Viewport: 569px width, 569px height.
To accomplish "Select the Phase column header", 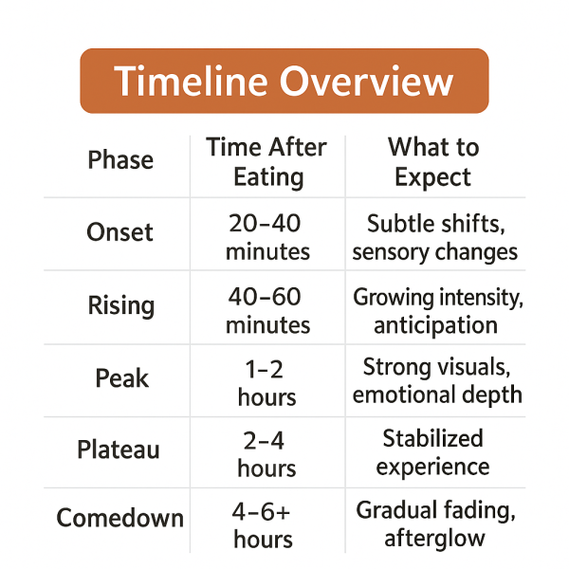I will (120, 160).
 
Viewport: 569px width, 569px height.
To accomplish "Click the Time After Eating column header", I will (266, 162).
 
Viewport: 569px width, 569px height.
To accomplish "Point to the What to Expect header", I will (433, 162).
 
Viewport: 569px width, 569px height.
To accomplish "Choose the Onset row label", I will (119, 232).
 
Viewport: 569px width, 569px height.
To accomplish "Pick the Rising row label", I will (120, 305).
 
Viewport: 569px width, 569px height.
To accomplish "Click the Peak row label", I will (121, 378).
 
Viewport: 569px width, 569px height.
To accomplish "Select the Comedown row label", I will (119, 519).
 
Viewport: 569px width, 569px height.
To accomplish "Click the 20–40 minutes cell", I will (268, 237).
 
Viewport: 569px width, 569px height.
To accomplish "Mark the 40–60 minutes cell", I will (268, 311).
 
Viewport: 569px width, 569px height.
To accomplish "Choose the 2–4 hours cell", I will (266, 453).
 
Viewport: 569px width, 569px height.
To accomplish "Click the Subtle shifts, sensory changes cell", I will (434, 237).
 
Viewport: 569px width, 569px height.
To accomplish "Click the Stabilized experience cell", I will (433, 452).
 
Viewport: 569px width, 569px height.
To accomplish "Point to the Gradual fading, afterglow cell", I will (435, 524).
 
